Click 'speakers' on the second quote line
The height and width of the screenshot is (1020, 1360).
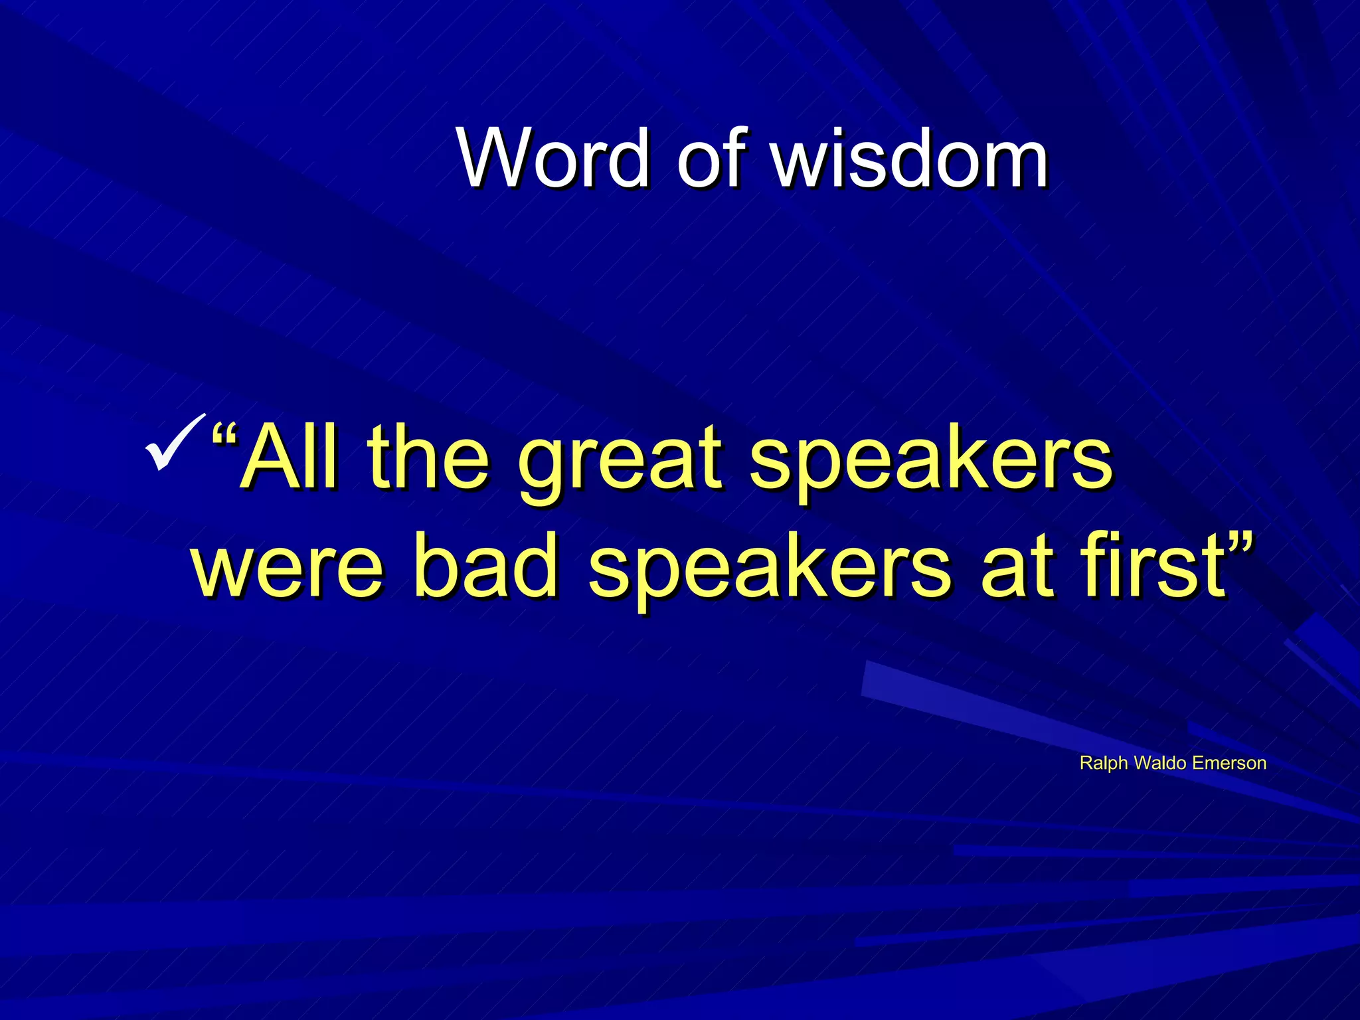click(x=770, y=571)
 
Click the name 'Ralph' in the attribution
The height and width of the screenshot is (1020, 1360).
click(x=1103, y=763)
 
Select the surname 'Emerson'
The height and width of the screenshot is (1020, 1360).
click(x=1229, y=762)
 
